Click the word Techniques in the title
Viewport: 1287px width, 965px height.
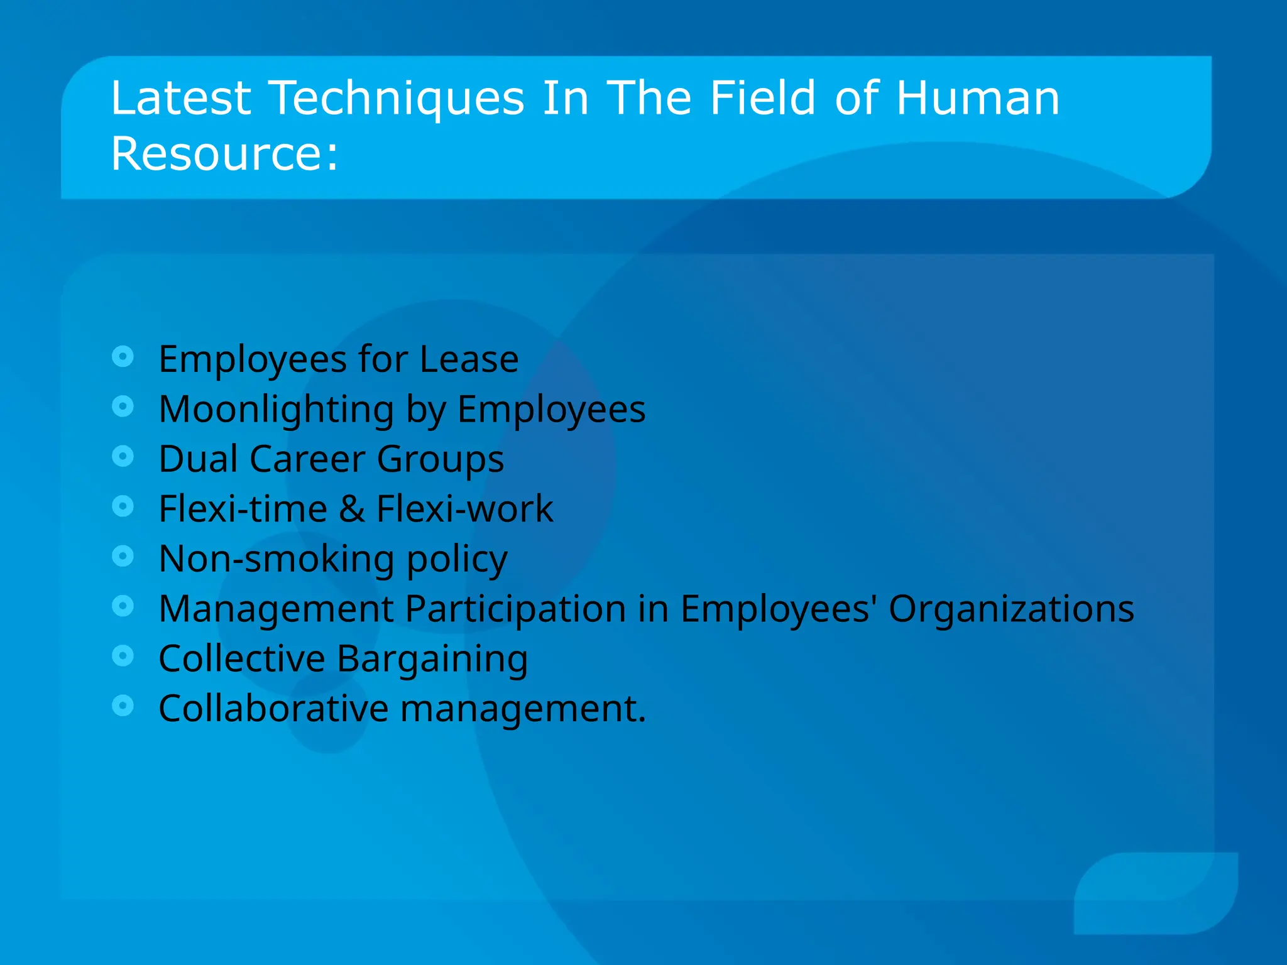click(x=397, y=99)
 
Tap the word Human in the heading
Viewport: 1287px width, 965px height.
click(x=978, y=99)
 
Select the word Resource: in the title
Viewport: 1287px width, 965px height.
click(x=224, y=154)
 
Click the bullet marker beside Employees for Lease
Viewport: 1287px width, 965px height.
click(x=123, y=357)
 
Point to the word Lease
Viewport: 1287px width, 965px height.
click(x=469, y=359)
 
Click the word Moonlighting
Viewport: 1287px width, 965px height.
click(x=277, y=410)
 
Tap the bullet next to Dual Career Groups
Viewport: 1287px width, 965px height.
click(x=123, y=456)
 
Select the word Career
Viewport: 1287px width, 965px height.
click(x=307, y=459)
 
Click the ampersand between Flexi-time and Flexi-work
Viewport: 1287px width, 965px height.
click(x=352, y=509)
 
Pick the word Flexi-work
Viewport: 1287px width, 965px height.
click(x=464, y=509)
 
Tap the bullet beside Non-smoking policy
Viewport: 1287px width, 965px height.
click(x=123, y=556)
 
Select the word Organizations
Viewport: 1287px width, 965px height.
click(x=1011, y=609)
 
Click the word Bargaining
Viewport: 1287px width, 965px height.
click(x=432, y=659)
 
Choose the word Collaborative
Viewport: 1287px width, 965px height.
click(x=273, y=709)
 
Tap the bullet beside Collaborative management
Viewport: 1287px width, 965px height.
click(x=123, y=706)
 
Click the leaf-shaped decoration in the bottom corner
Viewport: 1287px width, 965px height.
click(x=1156, y=892)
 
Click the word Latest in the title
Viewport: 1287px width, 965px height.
click(x=181, y=99)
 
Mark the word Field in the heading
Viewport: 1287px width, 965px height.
click(x=762, y=99)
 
